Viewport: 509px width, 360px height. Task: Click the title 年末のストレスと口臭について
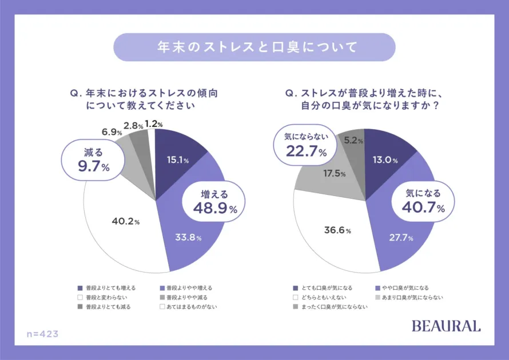[x=254, y=47]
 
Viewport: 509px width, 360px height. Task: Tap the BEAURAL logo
[x=446, y=326]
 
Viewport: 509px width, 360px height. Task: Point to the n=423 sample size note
[x=43, y=333]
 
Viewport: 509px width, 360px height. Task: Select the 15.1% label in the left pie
[x=178, y=160]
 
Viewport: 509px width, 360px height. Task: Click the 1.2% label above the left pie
[x=154, y=123]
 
